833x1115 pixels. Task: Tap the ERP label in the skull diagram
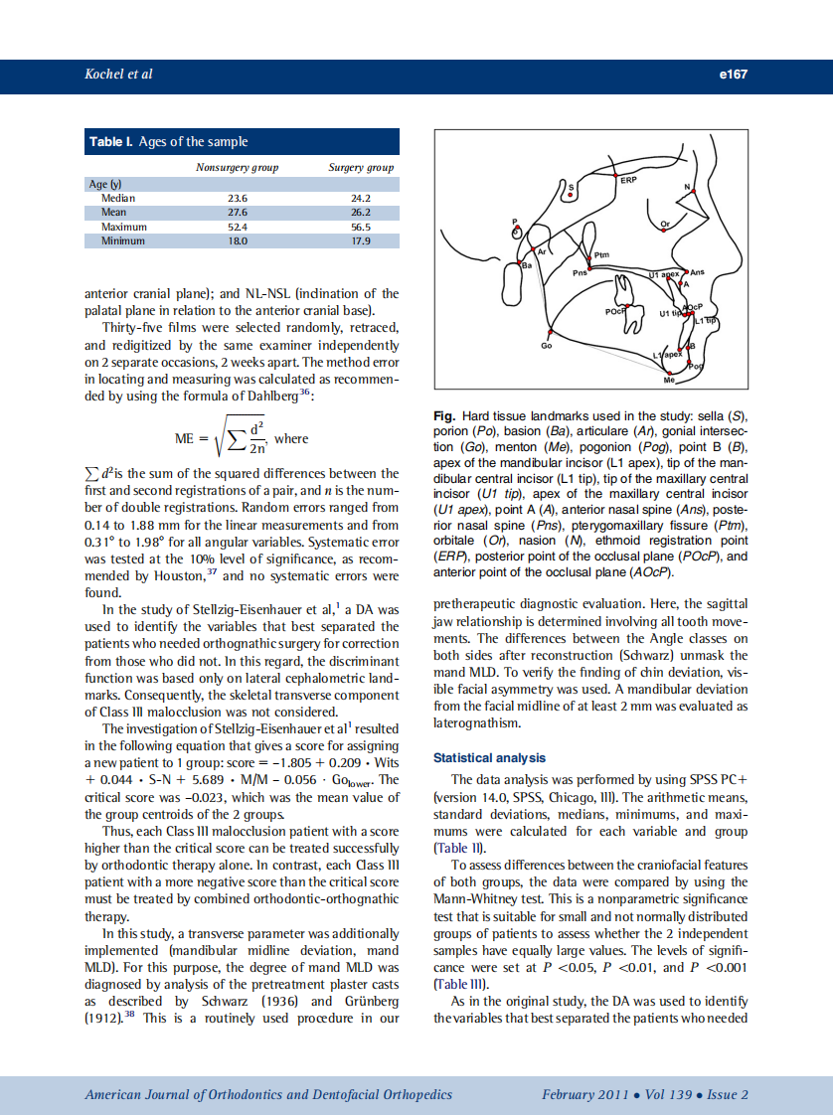(628, 181)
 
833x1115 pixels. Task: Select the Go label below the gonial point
(546, 345)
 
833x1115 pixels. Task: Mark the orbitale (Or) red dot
(665, 232)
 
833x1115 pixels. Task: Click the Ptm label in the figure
(600, 255)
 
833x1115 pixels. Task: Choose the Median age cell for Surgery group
(361, 198)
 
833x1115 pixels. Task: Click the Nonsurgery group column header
(237, 168)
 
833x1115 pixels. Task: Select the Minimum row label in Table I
(123, 240)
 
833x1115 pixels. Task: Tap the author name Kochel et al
(118, 75)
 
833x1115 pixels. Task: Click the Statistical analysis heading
(488, 758)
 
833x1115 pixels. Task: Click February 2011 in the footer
(584, 1094)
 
